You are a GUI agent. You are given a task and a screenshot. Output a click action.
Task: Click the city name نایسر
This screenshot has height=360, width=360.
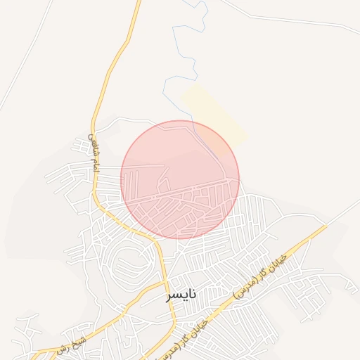click(x=181, y=295)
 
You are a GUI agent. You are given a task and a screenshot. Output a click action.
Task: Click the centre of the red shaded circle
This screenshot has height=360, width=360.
click(x=180, y=180)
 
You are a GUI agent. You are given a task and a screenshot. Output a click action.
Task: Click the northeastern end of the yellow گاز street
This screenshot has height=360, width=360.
click(x=325, y=226)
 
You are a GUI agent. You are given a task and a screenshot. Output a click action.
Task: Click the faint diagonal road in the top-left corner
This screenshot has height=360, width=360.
click(x=28, y=56)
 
